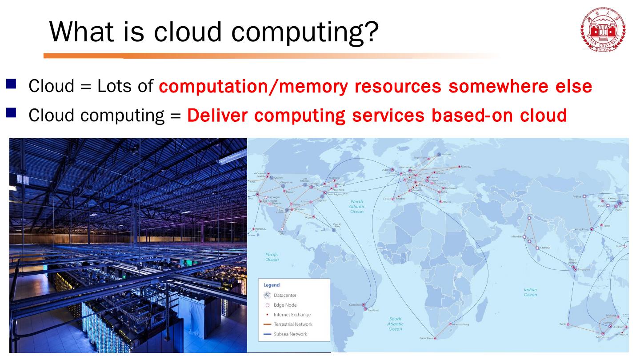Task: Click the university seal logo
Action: coord(603,29)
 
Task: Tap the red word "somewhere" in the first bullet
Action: coord(494,86)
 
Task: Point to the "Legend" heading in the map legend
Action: coord(272,285)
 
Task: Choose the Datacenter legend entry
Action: coord(284,295)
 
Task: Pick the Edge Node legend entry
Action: coord(284,305)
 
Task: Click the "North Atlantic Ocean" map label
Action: coord(356,206)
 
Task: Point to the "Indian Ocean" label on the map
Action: coord(530,292)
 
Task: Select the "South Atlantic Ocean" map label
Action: coord(395,324)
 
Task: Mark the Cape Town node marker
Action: coord(435,338)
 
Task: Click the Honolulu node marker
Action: coord(253,229)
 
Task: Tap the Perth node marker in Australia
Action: coord(568,324)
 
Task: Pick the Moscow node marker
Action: coord(460,167)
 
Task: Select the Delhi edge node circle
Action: coord(529,218)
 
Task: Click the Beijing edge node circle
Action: coord(584,196)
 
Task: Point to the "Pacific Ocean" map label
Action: coord(272,257)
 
